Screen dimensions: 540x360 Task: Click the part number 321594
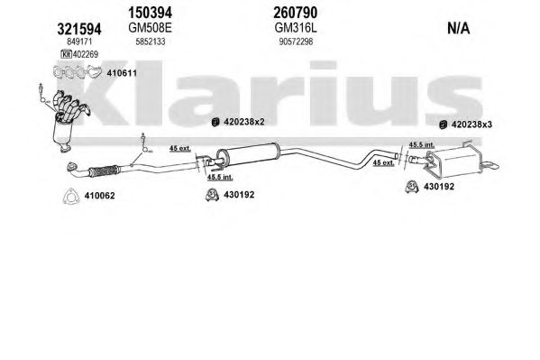click(x=78, y=29)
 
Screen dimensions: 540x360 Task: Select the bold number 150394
click(x=150, y=13)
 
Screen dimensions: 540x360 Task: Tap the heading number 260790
click(x=295, y=13)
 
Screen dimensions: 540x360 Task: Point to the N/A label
click(x=458, y=28)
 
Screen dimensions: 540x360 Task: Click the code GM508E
click(x=150, y=28)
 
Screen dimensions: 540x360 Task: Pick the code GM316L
click(x=296, y=28)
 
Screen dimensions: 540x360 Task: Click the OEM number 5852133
click(x=151, y=42)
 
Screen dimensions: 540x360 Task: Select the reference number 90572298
click(x=296, y=42)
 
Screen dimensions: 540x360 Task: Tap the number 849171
click(x=79, y=42)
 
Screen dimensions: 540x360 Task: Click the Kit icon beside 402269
click(x=66, y=54)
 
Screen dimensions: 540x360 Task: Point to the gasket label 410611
click(x=122, y=73)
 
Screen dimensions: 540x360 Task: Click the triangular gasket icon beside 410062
click(x=71, y=196)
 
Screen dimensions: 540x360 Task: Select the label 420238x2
click(x=243, y=122)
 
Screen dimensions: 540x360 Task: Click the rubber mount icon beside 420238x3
click(x=444, y=125)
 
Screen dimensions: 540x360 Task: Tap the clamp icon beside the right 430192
click(x=412, y=187)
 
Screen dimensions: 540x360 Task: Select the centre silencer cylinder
click(x=248, y=154)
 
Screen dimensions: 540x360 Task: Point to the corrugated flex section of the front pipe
click(x=104, y=171)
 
